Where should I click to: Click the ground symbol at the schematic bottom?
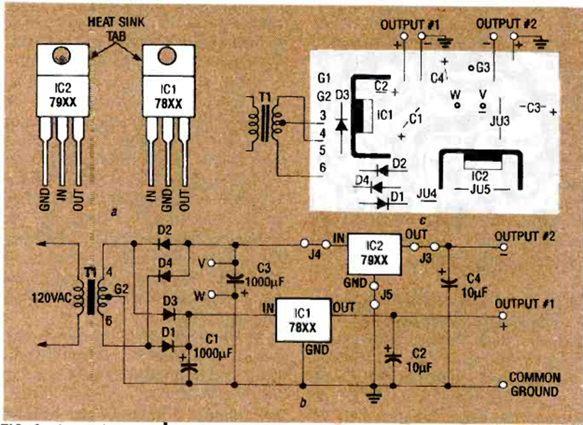pos(374,397)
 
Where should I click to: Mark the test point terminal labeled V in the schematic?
pos(212,264)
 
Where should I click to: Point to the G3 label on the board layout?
pos(482,67)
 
